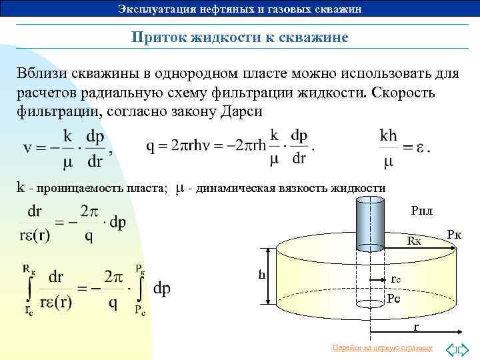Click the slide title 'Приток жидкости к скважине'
point(239,38)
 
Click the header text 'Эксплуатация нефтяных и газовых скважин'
point(239,9)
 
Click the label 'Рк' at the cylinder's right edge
point(455,235)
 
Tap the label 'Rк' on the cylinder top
point(415,241)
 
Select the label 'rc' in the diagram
point(395,280)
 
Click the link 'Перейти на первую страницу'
point(381,348)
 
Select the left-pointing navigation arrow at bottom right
point(451,348)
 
